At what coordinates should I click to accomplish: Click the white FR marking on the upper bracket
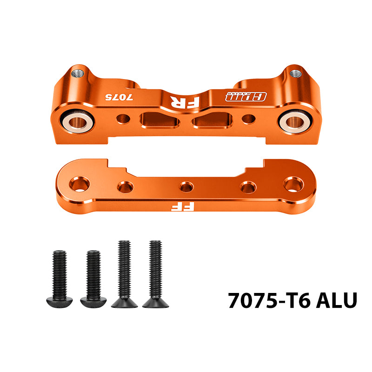click(x=185, y=102)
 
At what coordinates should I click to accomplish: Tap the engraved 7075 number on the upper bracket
click(x=119, y=97)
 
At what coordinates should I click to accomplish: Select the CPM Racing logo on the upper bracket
click(x=246, y=97)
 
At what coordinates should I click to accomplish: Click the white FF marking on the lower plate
click(x=183, y=206)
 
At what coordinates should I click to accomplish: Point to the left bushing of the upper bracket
click(x=78, y=122)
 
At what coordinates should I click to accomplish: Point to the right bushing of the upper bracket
click(x=295, y=121)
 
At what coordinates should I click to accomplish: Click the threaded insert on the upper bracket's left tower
click(x=78, y=74)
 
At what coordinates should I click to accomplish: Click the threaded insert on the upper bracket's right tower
click(x=296, y=73)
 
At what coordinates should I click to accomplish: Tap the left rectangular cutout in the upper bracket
click(x=159, y=120)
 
